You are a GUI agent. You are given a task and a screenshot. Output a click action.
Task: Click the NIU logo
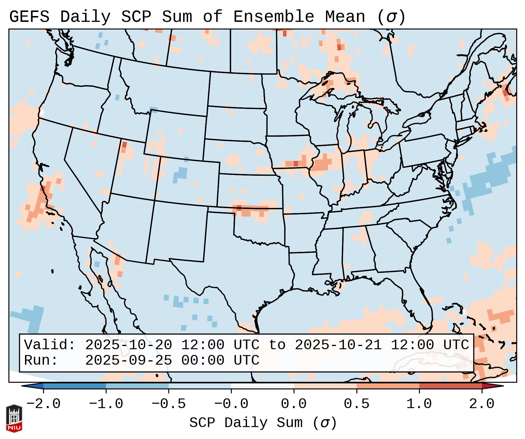[x=14, y=418]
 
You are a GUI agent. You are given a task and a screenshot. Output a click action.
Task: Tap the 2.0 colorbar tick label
[x=482, y=404]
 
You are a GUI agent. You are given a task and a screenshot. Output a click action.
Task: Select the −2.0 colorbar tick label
[x=43, y=404]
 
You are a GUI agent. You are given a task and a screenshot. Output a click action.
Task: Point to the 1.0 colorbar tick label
[x=419, y=404]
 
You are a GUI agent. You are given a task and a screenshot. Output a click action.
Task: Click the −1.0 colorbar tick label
[x=106, y=404]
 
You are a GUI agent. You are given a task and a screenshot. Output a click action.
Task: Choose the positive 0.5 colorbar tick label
[x=356, y=404]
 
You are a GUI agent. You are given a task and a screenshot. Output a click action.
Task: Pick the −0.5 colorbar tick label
[x=169, y=404]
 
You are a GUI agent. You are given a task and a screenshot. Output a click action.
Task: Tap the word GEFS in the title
[x=29, y=17]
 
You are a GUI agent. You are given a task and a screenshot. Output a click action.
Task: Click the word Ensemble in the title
[x=274, y=17]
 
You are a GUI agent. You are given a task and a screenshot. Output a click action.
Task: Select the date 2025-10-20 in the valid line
[x=129, y=345]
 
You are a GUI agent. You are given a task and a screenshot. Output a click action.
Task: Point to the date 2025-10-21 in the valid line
[x=338, y=345]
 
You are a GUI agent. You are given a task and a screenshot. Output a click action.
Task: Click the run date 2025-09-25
[x=129, y=360]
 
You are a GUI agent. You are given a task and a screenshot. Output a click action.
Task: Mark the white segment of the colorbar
[x=262, y=386]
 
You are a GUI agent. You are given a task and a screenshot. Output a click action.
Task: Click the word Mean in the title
[x=345, y=17]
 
